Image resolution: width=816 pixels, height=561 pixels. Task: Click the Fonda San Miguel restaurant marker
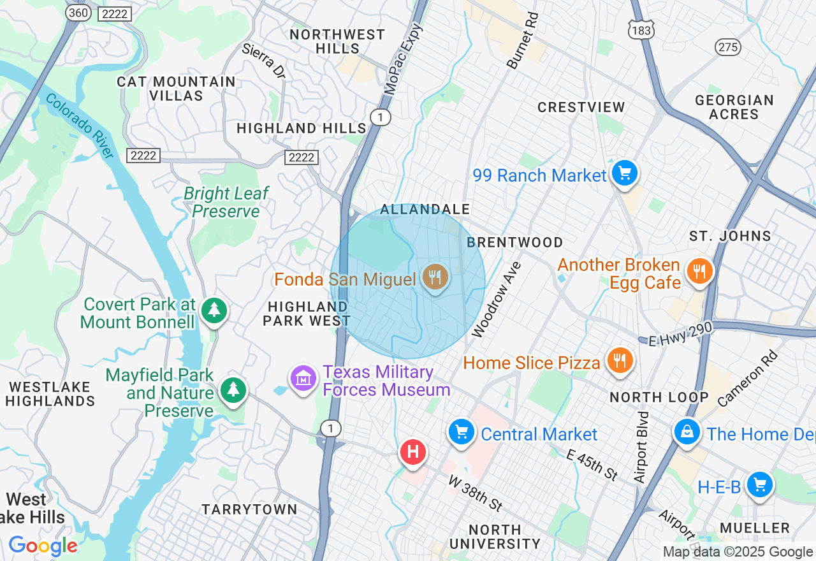point(435,277)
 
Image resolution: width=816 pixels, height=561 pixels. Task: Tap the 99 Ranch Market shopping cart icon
point(624,173)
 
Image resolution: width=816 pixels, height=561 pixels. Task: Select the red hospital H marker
point(412,453)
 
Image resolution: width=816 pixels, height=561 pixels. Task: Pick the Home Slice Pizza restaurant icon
point(618,361)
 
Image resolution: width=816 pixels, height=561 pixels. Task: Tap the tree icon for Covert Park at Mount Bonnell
point(214,310)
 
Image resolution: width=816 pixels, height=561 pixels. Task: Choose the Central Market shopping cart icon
point(461,432)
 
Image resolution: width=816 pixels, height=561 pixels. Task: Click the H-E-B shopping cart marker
point(759,485)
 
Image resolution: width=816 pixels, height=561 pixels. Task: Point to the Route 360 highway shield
point(78,13)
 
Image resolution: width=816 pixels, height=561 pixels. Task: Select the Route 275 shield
point(727,47)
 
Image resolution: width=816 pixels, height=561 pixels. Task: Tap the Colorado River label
point(80,127)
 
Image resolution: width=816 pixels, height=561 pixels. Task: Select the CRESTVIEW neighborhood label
point(581,107)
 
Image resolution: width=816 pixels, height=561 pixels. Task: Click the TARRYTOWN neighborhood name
point(249,509)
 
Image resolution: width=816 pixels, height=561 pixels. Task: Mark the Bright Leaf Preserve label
point(226,202)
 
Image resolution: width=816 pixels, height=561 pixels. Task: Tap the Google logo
point(43,546)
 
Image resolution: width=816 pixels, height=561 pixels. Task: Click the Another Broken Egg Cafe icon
point(700,271)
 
